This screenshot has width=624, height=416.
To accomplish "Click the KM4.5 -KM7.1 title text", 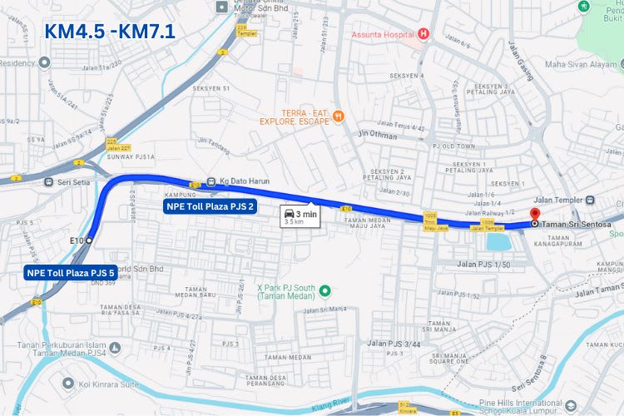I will coord(110,32).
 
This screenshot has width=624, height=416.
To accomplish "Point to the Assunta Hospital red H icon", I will coord(423,34).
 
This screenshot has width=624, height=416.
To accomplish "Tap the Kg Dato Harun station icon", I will coord(211,181).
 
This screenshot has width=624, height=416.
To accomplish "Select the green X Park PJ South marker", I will coord(325,290).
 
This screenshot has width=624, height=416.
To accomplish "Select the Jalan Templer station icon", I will coord(590,201).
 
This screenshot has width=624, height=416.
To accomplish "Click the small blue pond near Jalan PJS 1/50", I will coord(498,242).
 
